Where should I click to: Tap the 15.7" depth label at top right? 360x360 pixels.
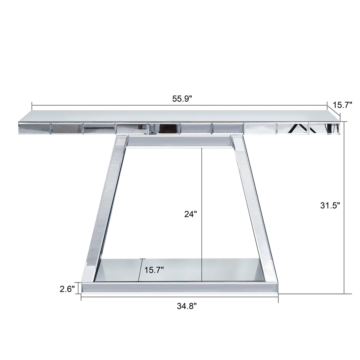coord(342,105)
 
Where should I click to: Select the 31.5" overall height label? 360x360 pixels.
coord(330,206)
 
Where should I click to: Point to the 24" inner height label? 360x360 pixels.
coord(190,214)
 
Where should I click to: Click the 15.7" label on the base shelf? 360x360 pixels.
coord(154,270)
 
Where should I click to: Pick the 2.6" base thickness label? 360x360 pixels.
coord(67,289)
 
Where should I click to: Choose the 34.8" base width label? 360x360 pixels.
coord(187,306)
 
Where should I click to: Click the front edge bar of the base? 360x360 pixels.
coord(180,288)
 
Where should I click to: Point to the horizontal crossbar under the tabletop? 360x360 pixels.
coord(180,141)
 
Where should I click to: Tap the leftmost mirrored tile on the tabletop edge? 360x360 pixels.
coord(34,128)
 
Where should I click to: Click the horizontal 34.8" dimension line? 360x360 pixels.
coord(133,298)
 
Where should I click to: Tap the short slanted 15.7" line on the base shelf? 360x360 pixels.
coord(141,270)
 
